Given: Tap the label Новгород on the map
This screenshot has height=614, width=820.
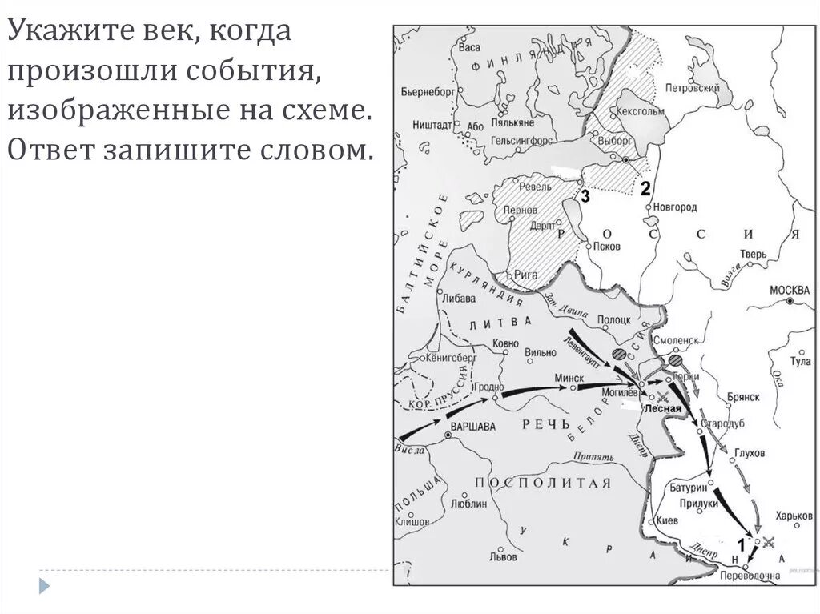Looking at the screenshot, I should (x=675, y=207).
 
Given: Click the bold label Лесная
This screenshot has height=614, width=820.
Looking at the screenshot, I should (x=662, y=408).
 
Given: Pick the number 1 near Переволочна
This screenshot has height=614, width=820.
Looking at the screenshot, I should (x=741, y=544).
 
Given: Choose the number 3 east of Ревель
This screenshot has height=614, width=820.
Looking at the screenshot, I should (x=585, y=197).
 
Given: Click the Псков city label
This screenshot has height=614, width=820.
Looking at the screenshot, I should (x=606, y=247).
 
